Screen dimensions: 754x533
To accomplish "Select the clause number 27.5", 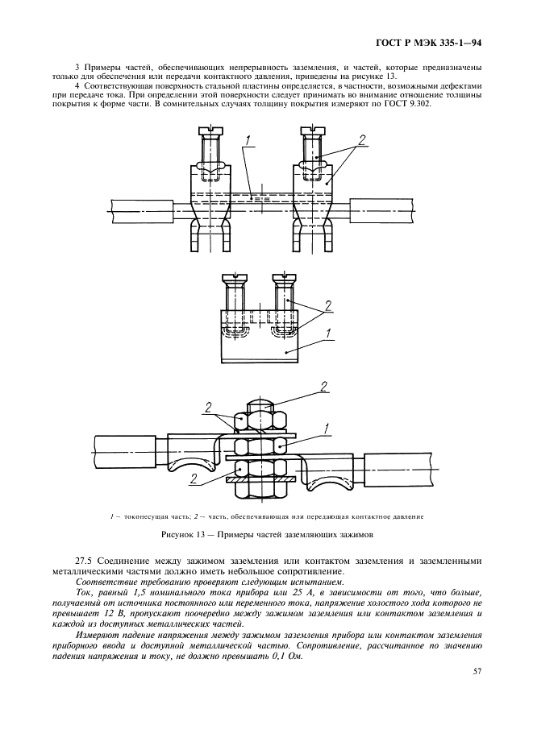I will (x=83, y=561).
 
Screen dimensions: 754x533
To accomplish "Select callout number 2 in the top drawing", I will (x=362, y=139).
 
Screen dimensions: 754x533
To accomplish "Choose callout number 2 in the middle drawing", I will (x=329, y=306).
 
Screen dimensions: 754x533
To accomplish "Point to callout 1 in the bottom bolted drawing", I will (x=326, y=426).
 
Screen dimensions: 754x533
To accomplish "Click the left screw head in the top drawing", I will (x=210, y=129).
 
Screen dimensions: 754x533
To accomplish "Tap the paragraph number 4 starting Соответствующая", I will (x=77, y=85).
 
